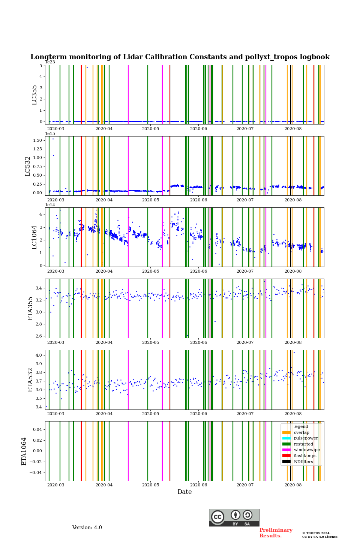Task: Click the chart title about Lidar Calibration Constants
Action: pos(180,57)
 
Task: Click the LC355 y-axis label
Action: pos(34,95)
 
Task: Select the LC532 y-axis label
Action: pos(28,166)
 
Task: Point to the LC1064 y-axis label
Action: pos(34,237)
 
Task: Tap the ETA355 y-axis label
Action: pos(31,309)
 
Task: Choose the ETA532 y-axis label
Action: pos(31,380)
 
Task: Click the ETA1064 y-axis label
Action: pos(24,451)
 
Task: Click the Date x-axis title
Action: pos(184,492)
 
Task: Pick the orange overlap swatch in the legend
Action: pos(286,432)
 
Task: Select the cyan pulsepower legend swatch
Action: pos(286,438)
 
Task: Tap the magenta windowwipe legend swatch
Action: pos(286,450)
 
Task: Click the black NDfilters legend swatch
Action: pos(286,462)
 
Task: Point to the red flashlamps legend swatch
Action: pos(286,456)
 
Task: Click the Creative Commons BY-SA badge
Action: pos(234,517)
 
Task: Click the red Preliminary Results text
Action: pos(276,533)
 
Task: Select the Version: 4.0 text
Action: pos(87,528)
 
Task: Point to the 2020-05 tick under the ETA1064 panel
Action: pos(150,485)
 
